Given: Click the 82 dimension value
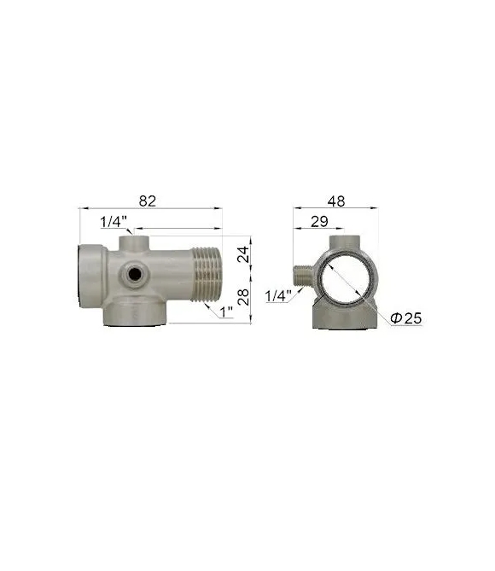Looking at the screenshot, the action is click(148, 201).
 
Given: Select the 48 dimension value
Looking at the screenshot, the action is click(335, 201).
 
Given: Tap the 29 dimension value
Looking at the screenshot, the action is click(319, 221).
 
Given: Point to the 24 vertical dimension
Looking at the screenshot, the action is click(243, 254).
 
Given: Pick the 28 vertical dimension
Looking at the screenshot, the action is click(243, 297).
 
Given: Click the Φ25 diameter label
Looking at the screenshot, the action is click(405, 318).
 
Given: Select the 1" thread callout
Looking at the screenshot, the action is click(226, 312).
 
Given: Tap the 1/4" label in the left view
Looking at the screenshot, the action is click(114, 221).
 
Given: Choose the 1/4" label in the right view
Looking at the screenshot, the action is click(278, 296).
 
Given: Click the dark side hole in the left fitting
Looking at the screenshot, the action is click(135, 274).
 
